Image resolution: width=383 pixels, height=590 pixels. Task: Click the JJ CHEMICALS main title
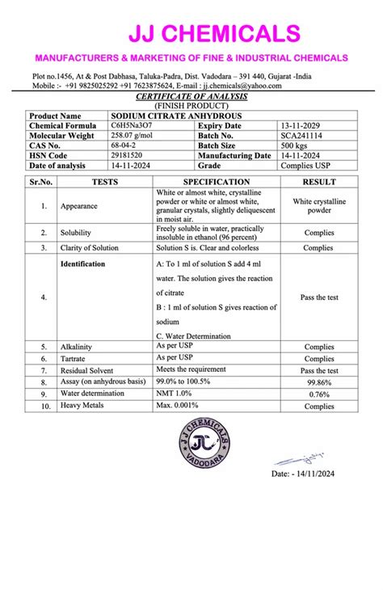(x=214, y=34)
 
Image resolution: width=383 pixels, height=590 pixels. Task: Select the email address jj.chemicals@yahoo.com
(x=242, y=85)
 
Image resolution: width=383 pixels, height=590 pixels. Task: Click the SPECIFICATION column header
(x=217, y=182)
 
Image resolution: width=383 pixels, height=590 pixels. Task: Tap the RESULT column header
(x=319, y=182)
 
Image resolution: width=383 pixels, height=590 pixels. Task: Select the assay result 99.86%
(x=319, y=381)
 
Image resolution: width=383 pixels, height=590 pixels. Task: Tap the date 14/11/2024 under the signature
(x=302, y=474)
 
